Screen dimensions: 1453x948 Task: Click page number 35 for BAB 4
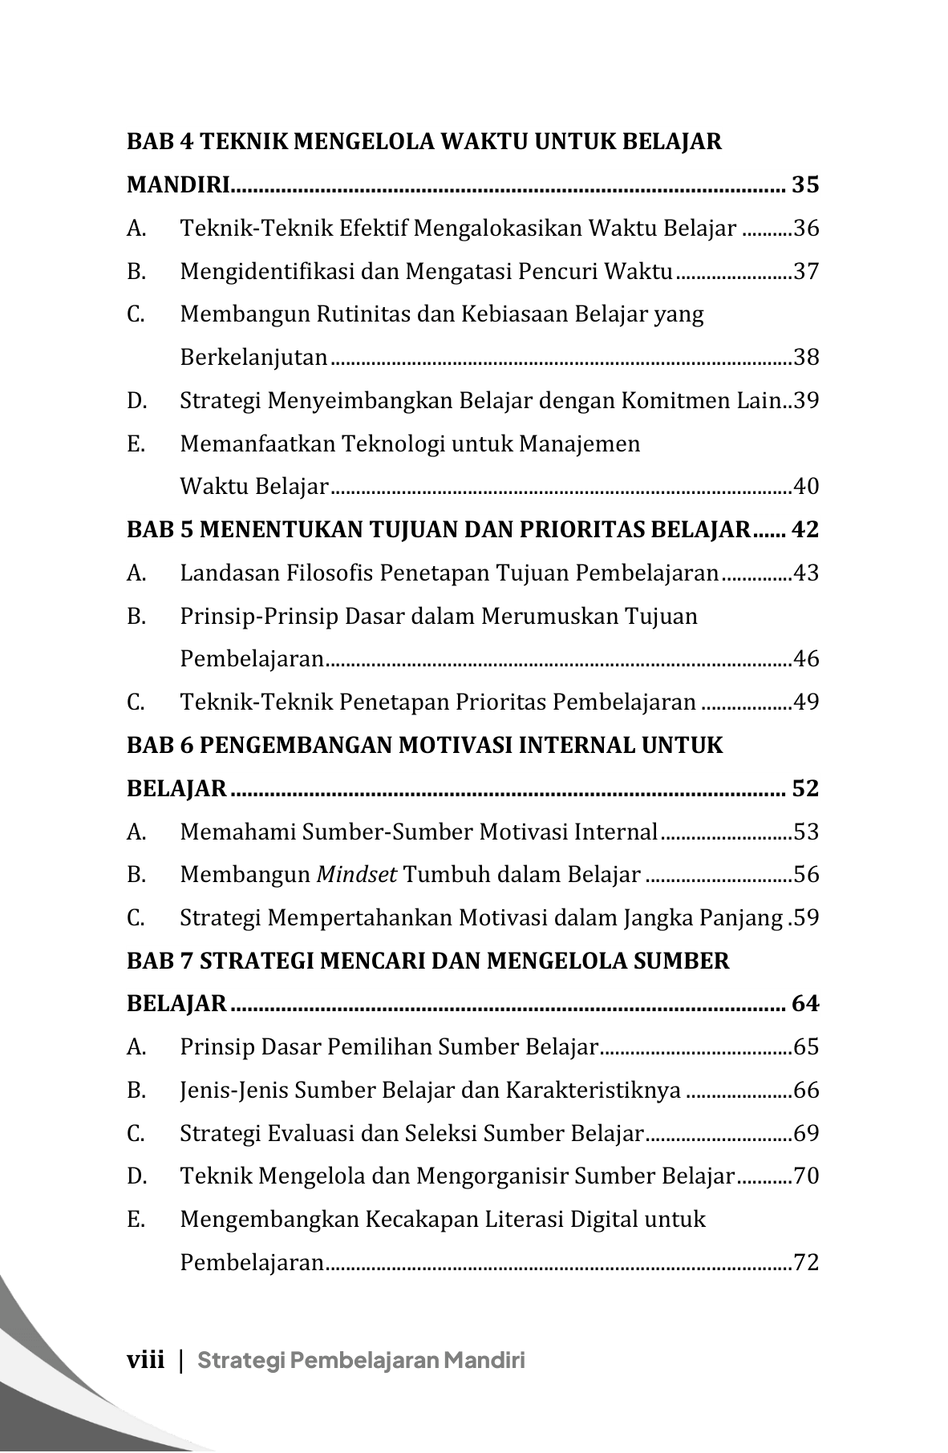(x=805, y=185)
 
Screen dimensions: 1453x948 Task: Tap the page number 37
(x=806, y=271)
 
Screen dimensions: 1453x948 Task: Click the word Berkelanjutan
(x=253, y=357)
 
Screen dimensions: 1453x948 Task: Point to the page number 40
(x=806, y=486)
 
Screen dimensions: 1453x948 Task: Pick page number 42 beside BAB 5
(x=805, y=530)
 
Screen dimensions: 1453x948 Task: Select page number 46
(x=806, y=659)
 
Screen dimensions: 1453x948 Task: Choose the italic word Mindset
(x=356, y=874)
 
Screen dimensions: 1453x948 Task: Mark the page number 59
(x=806, y=917)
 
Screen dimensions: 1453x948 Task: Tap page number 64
(x=805, y=1004)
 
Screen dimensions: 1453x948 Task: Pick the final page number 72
(x=806, y=1263)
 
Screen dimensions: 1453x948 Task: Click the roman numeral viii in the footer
(x=145, y=1360)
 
